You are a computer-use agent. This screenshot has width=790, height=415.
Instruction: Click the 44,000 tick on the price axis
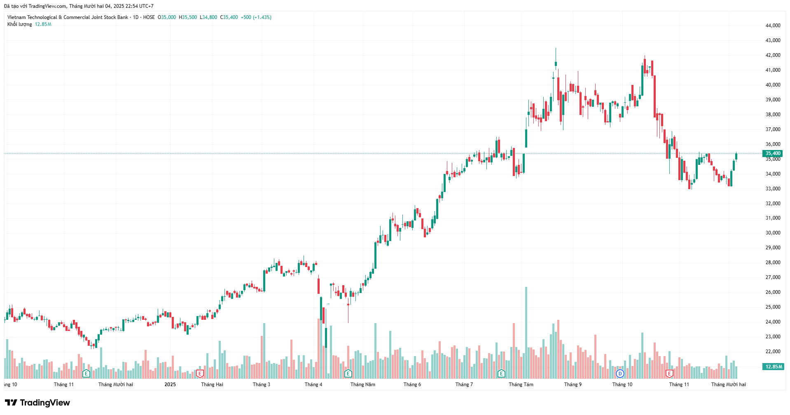click(773, 26)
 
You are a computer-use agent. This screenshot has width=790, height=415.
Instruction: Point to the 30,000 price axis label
click(773, 233)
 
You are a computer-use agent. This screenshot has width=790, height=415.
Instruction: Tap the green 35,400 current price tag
click(773, 153)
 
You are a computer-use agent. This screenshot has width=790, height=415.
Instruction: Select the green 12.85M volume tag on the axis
click(773, 367)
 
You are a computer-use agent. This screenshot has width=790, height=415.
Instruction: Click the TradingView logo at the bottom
click(37, 403)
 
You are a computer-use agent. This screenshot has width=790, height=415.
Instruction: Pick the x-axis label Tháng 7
click(464, 385)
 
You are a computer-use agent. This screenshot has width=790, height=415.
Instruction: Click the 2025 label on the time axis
click(170, 385)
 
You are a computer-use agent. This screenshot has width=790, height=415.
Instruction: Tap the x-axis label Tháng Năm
click(363, 385)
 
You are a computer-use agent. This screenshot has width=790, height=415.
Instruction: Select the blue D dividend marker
click(620, 374)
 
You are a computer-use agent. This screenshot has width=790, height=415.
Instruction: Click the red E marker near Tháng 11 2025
click(669, 374)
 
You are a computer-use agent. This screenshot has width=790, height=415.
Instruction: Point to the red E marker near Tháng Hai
click(200, 374)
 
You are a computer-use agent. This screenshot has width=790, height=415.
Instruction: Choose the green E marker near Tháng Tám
click(501, 374)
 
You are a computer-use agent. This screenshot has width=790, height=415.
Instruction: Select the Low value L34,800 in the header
click(208, 17)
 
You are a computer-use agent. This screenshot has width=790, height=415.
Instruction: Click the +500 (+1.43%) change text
click(256, 17)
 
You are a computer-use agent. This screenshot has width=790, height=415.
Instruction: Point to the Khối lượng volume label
click(19, 24)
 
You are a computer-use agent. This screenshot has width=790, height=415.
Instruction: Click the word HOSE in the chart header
click(149, 17)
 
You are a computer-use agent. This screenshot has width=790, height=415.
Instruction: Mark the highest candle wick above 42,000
click(556, 49)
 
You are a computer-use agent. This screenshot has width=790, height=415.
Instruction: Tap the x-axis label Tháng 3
click(262, 385)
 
